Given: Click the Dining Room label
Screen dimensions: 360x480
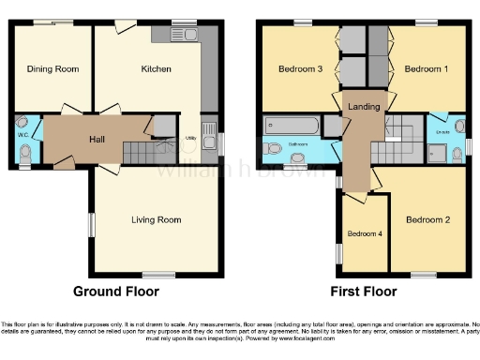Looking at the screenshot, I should tap(52, 68).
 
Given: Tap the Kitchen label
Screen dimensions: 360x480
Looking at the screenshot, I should tap(156, 68).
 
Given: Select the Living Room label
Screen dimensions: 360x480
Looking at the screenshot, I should tap(156, 219).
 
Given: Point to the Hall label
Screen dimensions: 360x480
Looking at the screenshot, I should tap(97, 139).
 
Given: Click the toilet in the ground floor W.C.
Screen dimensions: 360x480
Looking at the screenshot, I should tap(25, 150).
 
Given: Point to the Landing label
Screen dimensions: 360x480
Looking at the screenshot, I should tap(364, 107).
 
